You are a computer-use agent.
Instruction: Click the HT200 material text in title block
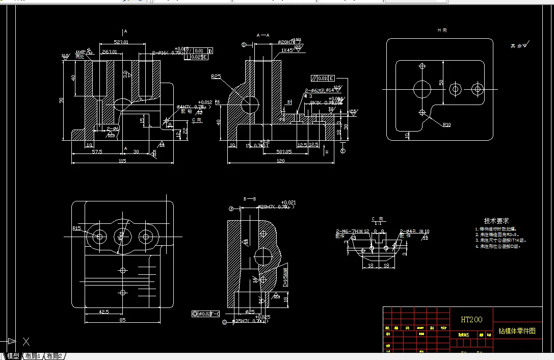pyautogui.click(x=471, y=320)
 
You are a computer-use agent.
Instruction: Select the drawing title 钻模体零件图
pyautogui.click(x=517, y=331)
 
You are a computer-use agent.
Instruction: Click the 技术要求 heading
pyautogui.click(x=496, y=221)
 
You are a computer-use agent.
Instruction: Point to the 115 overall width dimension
pyautogui.click(x=122, y=161)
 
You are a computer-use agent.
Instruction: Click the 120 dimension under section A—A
pyautogui.click(x=280, y=161)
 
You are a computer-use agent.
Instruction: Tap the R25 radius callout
pyautogui.click(x=216, y=77)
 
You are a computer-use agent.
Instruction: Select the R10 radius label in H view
pyautogui.click(x=446, y=124)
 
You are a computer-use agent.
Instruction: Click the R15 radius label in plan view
pyautogui.click(x=77, y=228)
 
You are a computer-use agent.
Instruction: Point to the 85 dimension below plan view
pyautogui.click(x=122, y=320)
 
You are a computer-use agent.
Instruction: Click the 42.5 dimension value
pyautogui.click(x=103, y=312)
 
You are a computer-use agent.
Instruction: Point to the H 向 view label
pyautogui.click(x=442, y=31)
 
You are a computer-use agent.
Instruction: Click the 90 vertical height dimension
pyautogui.click(x=61, y=100)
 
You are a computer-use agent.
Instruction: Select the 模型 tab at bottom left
pyautogui.click(x=13, y=356)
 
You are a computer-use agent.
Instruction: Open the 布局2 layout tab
pyautogui.click(x=54, y=356)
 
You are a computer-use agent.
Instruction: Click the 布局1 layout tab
pyautogui.click(x=33, y=356)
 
